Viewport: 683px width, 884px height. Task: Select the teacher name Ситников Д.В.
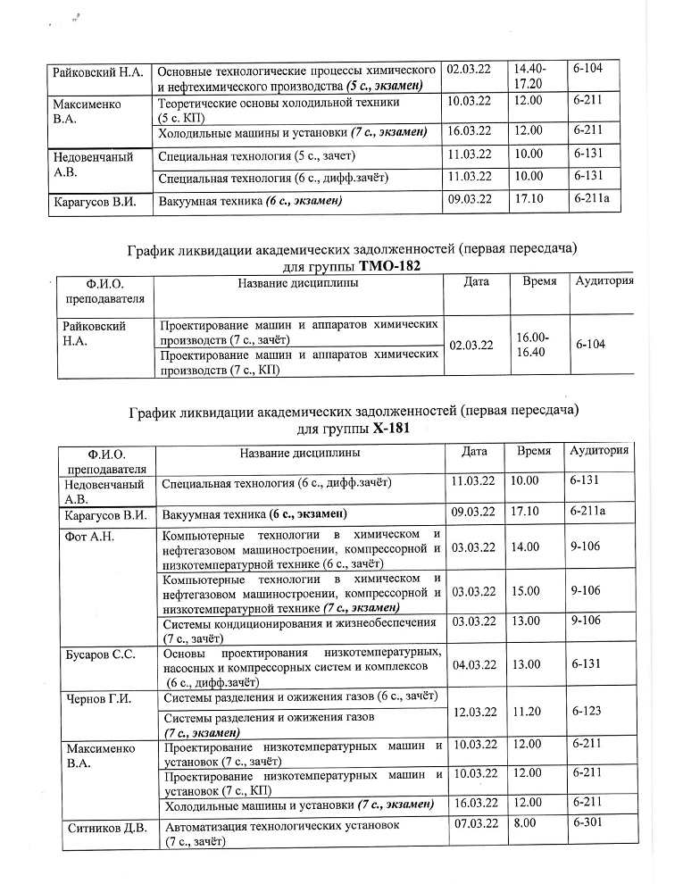click(x=107, y=827)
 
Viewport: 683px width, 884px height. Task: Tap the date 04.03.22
click(x=474, y=664)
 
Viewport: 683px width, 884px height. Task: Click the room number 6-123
click(x=585, y=712)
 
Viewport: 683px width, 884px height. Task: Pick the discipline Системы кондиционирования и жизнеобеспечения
click(x=299, y=622)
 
